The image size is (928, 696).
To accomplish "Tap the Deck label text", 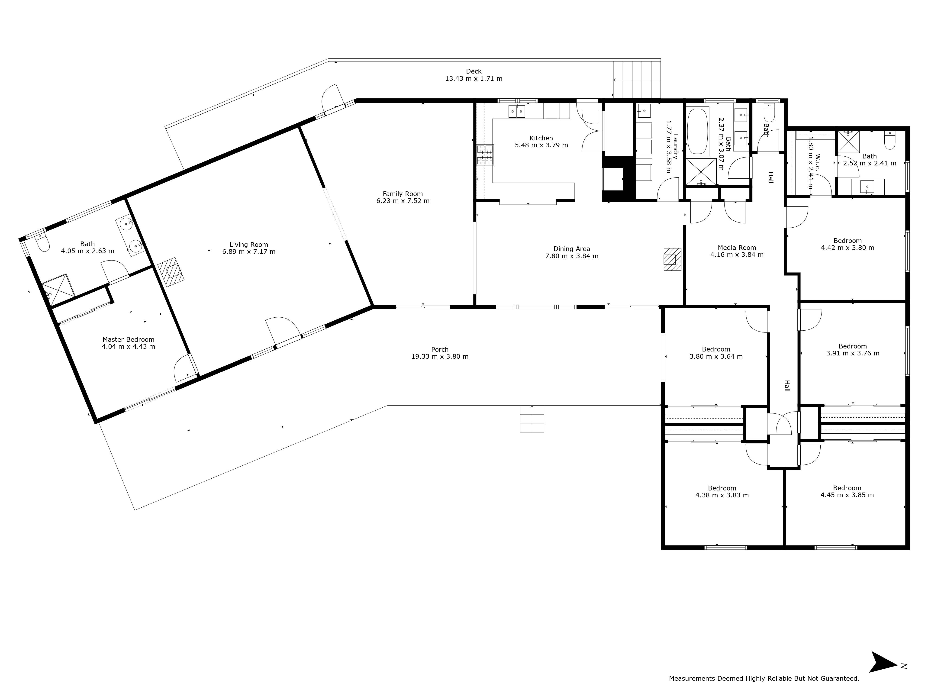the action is (x=474, y=71).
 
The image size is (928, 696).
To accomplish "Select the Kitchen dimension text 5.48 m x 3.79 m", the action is (x=541, y=145).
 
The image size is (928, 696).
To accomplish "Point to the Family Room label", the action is (x=403, y=194).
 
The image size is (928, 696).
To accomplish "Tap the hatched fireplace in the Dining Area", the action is (x=672, y=259).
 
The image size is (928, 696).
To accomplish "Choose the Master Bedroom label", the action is (x=128, y=339).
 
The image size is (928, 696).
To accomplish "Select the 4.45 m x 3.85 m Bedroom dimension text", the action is (x=847, y=495).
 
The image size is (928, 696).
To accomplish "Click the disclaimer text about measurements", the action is (x=764, y=690).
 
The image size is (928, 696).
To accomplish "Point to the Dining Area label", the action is (x=571, y=249).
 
